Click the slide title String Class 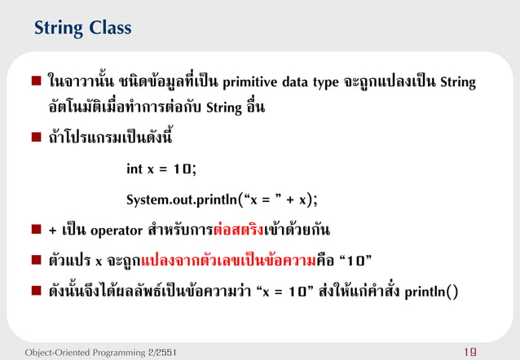point(82,29)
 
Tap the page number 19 point(493,351)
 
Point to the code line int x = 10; point(161,169)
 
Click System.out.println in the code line point(179,200)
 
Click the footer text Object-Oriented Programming point(82,351)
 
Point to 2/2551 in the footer point(156,351)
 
